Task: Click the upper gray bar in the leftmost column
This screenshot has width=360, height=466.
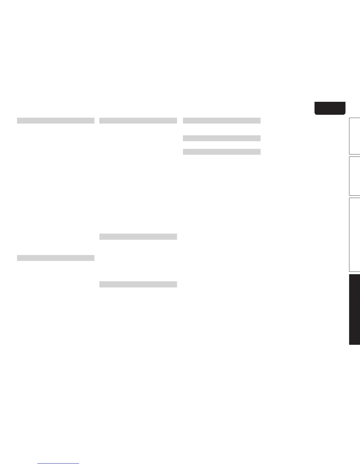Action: [x=56, y=121]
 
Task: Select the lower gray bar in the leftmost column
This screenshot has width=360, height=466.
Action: [x=56, y=258]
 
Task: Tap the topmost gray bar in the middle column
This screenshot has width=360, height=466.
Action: [x=138, y=121]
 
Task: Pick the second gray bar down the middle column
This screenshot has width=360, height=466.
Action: [x=138, y=237]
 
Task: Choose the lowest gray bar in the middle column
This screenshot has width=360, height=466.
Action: [x=138, y=284]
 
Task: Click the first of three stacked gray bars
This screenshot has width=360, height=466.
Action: [x=221, y=121]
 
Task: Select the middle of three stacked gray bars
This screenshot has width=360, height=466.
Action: [x=221, y=138]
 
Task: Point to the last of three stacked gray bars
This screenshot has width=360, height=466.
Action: [x=221, y=152]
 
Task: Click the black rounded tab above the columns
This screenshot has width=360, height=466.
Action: [x=330, y=108]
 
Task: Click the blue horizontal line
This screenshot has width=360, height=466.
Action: [x=58, y=463]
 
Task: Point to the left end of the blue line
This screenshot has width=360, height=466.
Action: [x=38, y=463]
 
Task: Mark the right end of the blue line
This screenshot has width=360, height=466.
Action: [x=79, y=463]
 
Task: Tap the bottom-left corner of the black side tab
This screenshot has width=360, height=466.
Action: [x=350, y=344]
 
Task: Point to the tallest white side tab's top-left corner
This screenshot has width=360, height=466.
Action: [x=349, y=198]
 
